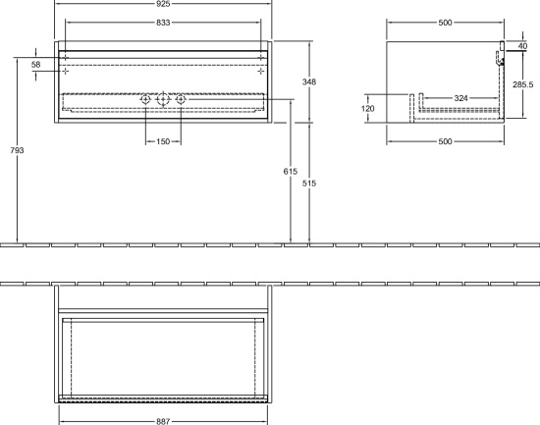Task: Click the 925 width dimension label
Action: pyautogui.click(x=163, y=4)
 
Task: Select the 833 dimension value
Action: pyautogui.click(x=163, y=23)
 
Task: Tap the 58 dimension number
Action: pyautogui.click(x=35, y=65)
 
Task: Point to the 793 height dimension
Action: pyautogui.click(x=17, y=150)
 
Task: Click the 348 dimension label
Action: pyautogui.click(x=309, y=82)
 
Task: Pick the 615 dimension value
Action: pyautogui.click(x=291, y=171)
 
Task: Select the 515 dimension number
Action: pyautogui.click(x=309, y=184)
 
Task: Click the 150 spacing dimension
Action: pyautogui.click(x=163, y=141)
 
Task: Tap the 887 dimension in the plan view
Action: pyautogui.click(x=163, y=421)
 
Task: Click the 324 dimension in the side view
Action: pyautogui.click(x=460, y=98)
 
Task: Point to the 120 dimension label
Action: pyautogui.click(x=368, y=109)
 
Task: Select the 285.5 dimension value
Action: pyautogui.click(x=522, y=84)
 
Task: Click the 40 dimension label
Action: pyautogui.click(x=522, y=46)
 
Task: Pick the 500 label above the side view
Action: pyautogui.click(x=445, y=23)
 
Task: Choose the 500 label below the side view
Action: pyautogui.click(x=445, y=141)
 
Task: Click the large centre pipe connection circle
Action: pyautogui.click(x=163, y=100)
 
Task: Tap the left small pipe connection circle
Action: pyautogui.click(x=145, y=100)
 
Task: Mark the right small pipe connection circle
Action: pyautogui.click(x=181, y=100)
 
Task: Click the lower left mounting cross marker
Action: pyautogui.click(x=65, y=72)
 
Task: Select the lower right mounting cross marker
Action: pyautogui.click(x=261, y=72)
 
